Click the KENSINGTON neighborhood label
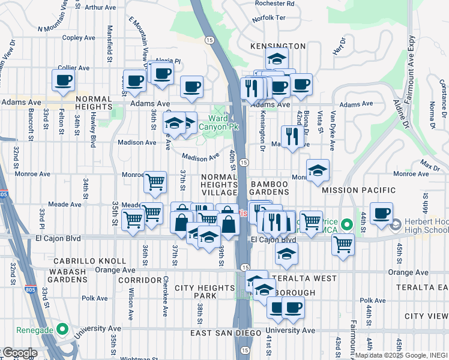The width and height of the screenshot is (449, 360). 278,46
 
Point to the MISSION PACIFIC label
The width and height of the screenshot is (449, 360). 358,190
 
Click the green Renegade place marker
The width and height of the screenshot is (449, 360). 62,329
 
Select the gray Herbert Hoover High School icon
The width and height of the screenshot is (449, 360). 395,226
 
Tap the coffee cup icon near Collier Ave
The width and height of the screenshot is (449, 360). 63,80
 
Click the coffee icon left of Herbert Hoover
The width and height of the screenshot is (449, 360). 381,213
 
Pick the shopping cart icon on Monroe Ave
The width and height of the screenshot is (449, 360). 155,181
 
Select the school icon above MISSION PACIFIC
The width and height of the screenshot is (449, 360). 318,170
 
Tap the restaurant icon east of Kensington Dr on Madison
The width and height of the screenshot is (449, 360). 292,136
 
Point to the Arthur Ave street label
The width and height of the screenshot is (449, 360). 100,8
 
